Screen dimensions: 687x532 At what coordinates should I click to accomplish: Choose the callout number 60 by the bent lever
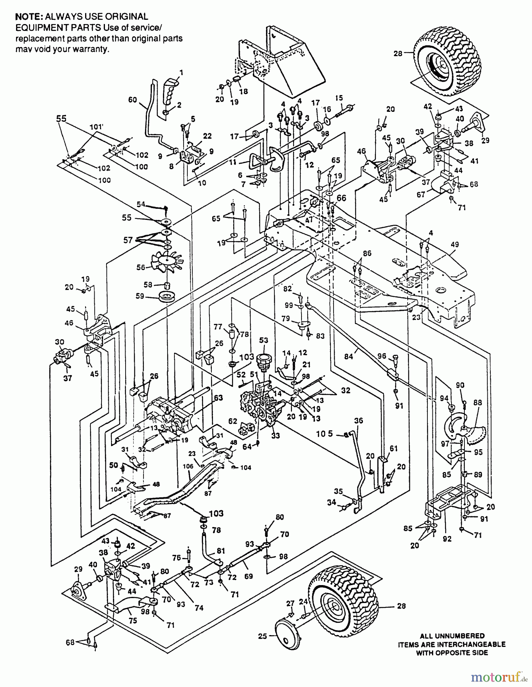[132, 100]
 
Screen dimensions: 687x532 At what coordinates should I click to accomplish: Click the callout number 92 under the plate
[447, 539]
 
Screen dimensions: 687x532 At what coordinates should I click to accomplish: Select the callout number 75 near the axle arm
[132, 621]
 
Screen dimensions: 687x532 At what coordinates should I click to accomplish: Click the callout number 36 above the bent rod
[358, 421]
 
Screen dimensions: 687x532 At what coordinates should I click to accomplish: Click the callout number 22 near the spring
[207, 136]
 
